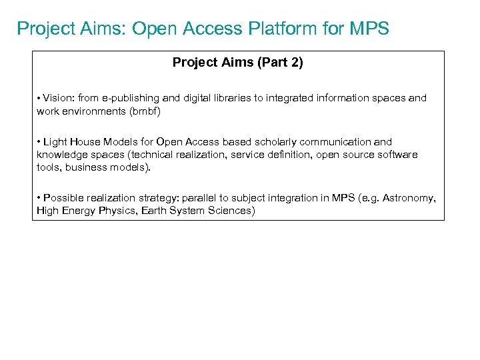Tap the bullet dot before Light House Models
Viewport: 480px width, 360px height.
tap(39, 142)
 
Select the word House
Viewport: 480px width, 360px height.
tap(85, 142)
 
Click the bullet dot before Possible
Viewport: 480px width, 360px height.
tap(39, 198)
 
